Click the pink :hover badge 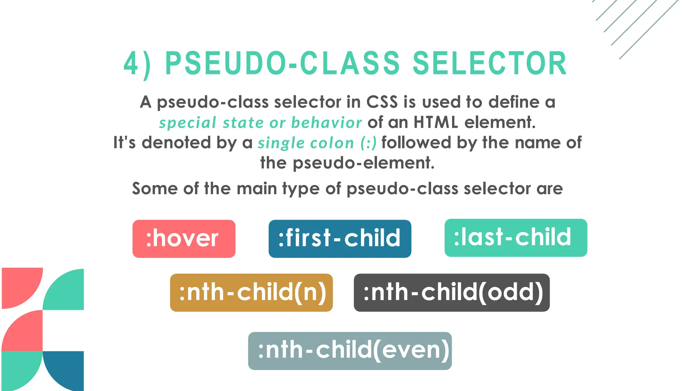tap(184, 239)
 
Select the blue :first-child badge tap(340, 239)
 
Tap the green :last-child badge tap(515, 238)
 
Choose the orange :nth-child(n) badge tap(251, 293)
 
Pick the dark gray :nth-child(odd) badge tap(451, 293)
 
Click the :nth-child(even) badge tap(350, 351)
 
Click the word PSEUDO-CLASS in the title tap(282, 63)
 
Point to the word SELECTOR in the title tap(489, 63)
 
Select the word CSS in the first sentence tap(382, 102)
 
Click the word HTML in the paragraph tap(436, 122)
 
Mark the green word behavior tap(326, 123)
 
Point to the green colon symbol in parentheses tap(368, 143)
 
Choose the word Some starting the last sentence tap(154, 188)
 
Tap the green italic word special tap(188, 123)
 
